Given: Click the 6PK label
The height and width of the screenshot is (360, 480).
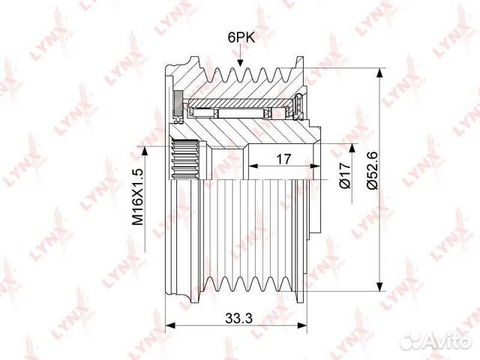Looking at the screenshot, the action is click(x=241, y=37).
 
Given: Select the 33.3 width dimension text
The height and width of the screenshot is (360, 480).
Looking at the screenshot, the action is click(x=238, y=319).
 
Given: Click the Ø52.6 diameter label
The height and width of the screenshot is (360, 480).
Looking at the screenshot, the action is click(x=373, y=170).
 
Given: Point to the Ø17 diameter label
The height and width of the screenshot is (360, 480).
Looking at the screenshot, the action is click(x=345, y=175).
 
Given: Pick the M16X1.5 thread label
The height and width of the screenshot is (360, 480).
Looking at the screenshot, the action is click(x=138, y=196).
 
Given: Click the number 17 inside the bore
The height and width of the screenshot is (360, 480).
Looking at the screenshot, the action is click(x=283, y=159).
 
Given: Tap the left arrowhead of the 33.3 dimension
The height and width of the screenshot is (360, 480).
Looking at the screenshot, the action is click(x=170, y=325).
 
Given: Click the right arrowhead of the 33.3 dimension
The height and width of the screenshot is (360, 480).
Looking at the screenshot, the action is click(x=301, y=325).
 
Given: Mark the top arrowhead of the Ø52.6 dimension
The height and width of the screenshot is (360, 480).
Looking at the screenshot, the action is click(x=379, y=73).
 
